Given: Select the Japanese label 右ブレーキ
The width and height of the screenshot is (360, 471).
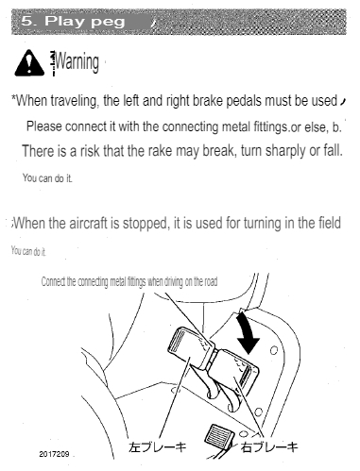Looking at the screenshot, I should (270, 446).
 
